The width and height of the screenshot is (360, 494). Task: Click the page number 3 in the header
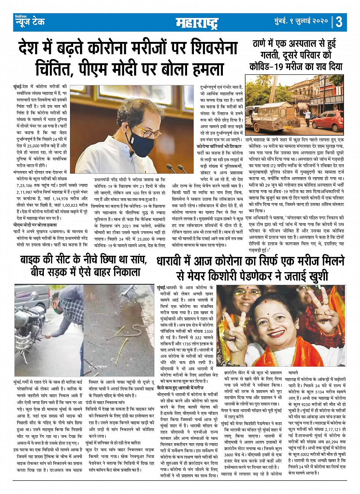click(339, 22)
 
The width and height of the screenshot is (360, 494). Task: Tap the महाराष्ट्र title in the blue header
click(197, 23)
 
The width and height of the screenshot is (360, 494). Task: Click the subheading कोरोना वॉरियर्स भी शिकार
click(219, 146)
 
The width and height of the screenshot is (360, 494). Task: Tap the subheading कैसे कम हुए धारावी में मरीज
click(180, 388)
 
